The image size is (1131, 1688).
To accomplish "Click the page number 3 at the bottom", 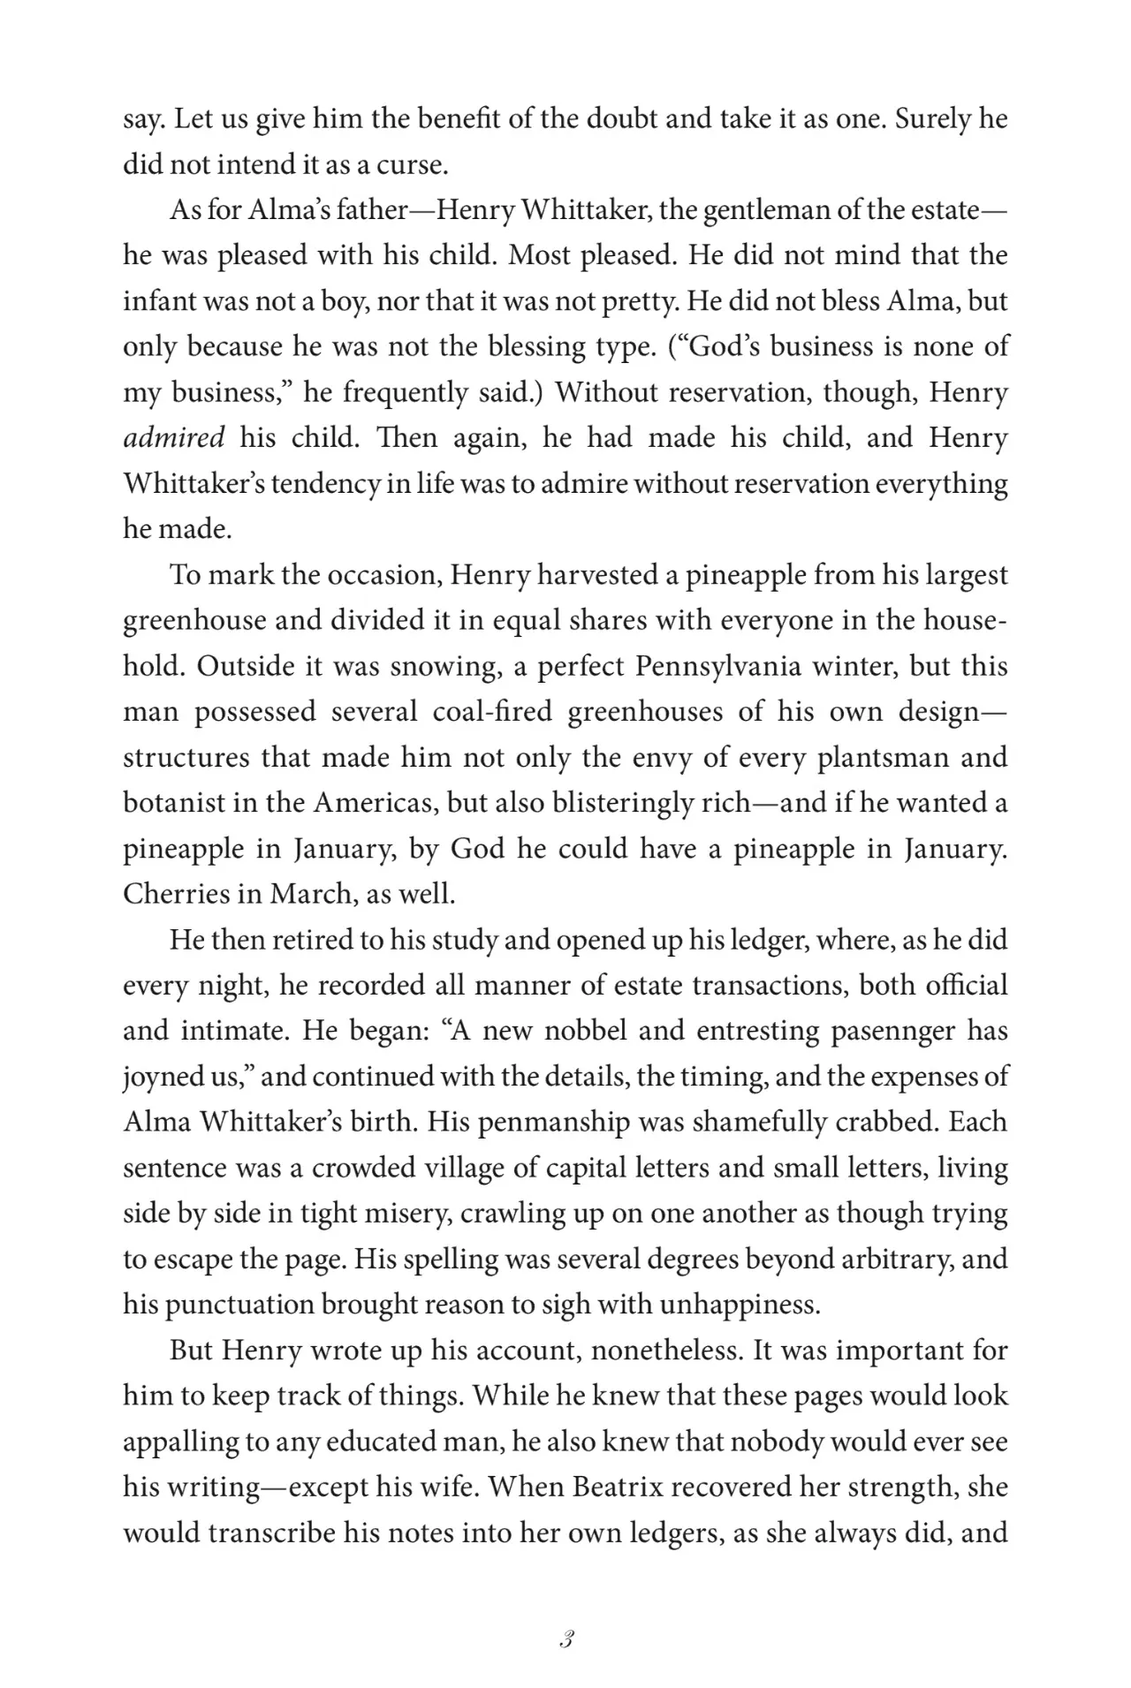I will pyautogui.click(x=566, y=1640).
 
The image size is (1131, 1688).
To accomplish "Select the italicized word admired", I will pyautogui.click(x=174, y=438).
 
